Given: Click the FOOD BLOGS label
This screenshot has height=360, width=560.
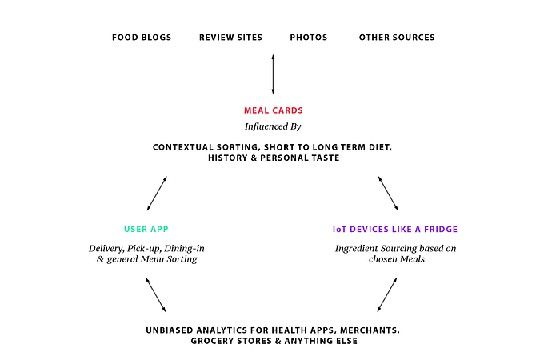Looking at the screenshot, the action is [142, 38].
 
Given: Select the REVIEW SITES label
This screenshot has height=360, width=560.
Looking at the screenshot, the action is [230, 38].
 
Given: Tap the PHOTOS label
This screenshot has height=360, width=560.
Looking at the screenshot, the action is [309, 38].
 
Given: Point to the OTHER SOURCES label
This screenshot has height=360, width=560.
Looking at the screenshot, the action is [397, 38].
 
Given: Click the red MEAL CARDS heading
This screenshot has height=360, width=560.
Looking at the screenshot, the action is [274, 110].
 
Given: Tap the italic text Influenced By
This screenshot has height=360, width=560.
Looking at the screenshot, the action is [273, 126].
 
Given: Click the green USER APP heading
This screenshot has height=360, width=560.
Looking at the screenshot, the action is [146, 229].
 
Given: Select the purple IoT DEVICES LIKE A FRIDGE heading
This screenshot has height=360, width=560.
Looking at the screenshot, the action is [395, 230].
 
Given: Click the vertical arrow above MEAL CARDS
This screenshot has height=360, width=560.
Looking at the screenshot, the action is [274, 74].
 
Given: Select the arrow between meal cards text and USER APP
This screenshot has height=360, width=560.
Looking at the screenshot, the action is [157, 194].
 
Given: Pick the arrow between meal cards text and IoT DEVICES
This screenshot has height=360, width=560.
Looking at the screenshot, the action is [388, 194].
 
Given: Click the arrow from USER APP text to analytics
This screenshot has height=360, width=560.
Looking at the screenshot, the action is [156, 295].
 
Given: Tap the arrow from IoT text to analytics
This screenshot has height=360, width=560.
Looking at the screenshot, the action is [387, 295].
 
